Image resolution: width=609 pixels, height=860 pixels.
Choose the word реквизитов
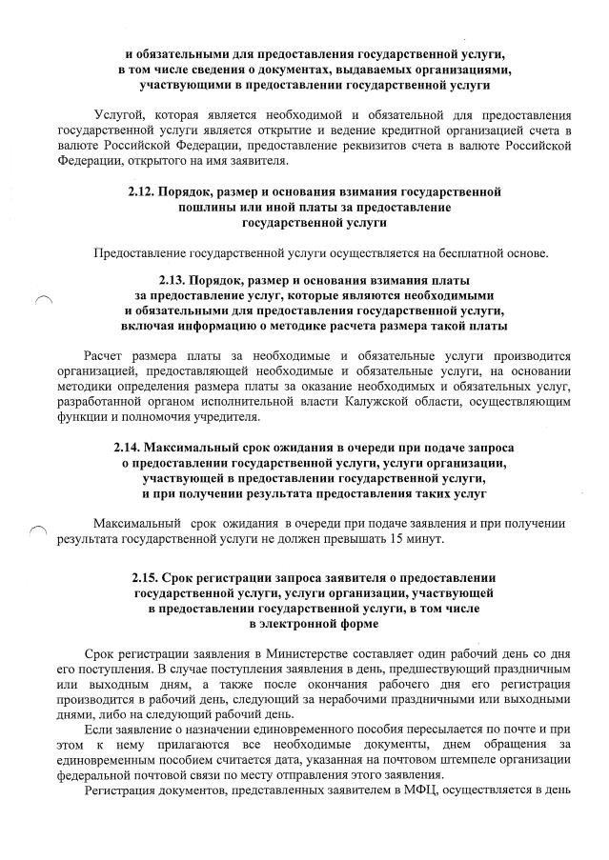point(335,146)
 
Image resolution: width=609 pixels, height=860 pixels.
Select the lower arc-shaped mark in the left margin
point(37,530)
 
